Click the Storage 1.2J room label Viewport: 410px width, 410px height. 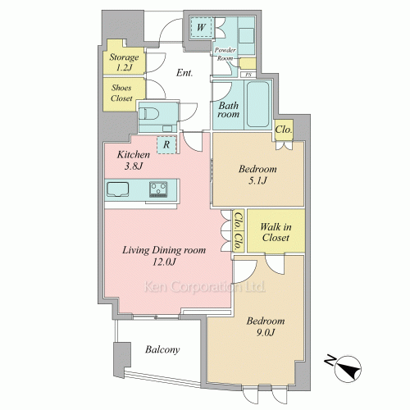pos(124,62)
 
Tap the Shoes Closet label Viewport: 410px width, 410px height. pos(121,93)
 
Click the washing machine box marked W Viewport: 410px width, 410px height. pos(201,27)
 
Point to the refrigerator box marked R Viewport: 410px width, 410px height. pos(166,144)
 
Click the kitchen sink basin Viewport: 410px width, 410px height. pos(117,189)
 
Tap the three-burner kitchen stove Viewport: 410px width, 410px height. pos(158,189)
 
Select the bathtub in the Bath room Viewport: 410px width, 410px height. pos(257,104)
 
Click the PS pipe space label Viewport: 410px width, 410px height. pos(248,75)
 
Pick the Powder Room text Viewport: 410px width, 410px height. pos(225,54)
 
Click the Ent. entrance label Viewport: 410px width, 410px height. pos(184,73)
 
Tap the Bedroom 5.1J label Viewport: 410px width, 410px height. pos(257,175)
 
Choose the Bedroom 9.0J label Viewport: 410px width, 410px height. pos(266,326)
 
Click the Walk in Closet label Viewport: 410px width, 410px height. pos(276,232)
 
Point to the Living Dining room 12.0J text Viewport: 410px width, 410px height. pos(164,256)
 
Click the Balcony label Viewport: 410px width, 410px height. pos(162,349)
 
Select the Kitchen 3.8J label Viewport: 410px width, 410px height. pos(134,160)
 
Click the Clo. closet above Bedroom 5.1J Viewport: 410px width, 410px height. pos(284,130)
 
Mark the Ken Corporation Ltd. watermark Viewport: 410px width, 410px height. pos(204,287)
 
